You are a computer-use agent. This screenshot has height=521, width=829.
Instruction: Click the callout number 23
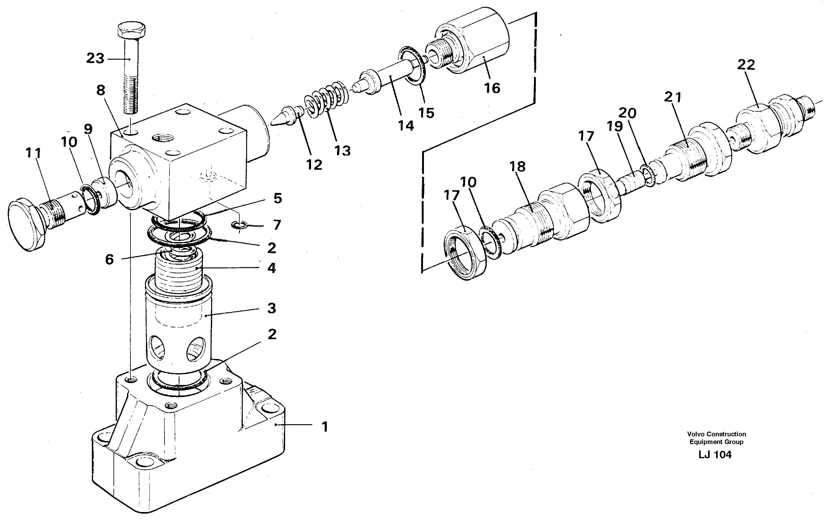point(95,58)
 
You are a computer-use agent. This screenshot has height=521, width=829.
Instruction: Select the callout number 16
point(492,88)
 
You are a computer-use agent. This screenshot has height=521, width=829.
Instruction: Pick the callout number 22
point(746,65)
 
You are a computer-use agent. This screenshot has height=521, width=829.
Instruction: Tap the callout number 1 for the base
point(325,427)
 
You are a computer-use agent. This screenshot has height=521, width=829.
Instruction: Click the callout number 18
point(517,167)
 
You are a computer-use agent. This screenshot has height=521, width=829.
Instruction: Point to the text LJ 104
point(715,455)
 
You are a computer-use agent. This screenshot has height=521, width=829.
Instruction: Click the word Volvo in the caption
point(695,434)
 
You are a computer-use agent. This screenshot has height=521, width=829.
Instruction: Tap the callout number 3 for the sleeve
point(271,309)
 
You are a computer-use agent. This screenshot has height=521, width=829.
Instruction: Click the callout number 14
point(406,126)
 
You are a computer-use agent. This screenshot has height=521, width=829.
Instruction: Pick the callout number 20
point(627,113)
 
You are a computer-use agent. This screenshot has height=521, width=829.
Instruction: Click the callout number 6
point(109,260)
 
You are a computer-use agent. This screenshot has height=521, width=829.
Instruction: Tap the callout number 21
point(672,97)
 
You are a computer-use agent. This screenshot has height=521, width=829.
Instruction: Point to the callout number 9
point(88,129)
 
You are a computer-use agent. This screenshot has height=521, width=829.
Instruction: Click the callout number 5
point(277,198)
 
